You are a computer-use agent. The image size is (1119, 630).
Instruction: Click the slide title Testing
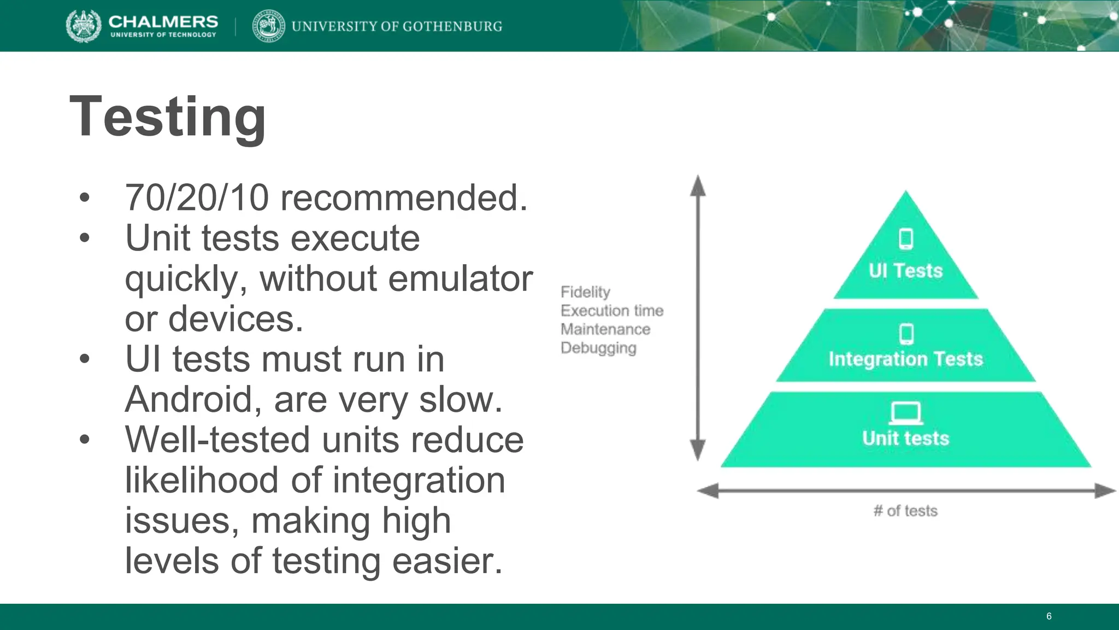pos(167,117)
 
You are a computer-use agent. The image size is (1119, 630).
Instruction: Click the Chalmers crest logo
pos(83,26)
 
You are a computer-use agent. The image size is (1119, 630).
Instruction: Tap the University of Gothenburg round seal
pos(269,26)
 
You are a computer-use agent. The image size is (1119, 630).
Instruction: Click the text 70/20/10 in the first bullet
pos(197,197)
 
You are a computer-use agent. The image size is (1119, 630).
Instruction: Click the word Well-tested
pos(218,440)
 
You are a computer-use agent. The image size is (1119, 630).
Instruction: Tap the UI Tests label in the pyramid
pos(905,271)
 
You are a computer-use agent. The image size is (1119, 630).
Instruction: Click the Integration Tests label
pos(905,359)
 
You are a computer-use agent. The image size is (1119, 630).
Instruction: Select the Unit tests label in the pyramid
pos(905,438)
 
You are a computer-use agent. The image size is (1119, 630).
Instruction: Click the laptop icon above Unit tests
pos(905,413)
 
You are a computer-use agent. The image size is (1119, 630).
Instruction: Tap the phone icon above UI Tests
pos(906,239)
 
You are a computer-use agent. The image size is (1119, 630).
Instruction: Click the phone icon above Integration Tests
pos(906,334)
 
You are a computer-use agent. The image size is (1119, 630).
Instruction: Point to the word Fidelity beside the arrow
pos(585,292)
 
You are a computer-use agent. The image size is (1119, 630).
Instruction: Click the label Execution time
pos(611,311)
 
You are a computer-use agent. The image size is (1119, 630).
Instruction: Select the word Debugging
pos(598,348)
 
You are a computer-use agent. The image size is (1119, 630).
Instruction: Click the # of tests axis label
pos(905,511)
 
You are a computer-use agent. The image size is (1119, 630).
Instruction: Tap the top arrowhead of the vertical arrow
pos(698,185)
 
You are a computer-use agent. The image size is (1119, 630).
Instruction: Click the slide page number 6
pos(1049,616)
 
